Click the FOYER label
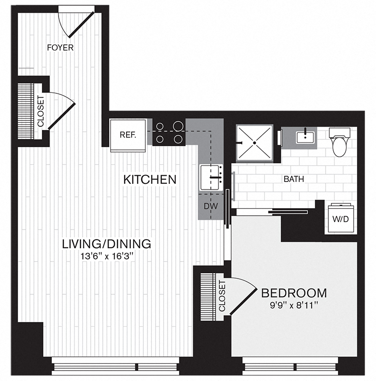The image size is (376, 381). point(60,47)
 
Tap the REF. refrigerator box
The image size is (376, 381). point(128,135)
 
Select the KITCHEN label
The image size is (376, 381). point(150,180)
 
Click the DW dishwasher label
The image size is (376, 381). point(210,206)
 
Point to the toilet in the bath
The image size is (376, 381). point(339,142)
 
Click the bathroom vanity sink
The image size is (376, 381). point(305,137)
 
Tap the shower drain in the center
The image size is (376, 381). point(254,143)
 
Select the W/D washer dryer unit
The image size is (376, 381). point(340,218)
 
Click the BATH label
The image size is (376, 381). point(294,180)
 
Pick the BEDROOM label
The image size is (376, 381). point(294,293)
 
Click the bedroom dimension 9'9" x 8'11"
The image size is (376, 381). point(294,305)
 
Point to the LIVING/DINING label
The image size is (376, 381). point(107,244)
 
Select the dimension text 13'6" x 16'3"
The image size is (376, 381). point(107,256)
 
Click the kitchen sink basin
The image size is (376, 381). point(211,177)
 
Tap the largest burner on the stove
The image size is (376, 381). point(178,126)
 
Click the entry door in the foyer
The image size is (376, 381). point(81,25)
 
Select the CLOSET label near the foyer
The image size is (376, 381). point(40,111)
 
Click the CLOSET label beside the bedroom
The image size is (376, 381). point(222,296)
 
